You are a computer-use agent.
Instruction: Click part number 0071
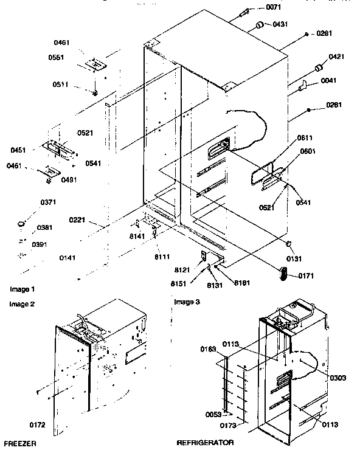[274, 7]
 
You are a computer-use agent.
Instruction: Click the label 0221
[77, 220]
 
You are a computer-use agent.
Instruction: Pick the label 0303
[338, 378]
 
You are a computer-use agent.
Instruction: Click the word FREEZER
[19, 445]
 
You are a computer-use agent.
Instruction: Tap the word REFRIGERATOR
[205, 443]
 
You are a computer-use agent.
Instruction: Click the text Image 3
[187, 302]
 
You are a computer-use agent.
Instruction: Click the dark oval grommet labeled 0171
[284, 274]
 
